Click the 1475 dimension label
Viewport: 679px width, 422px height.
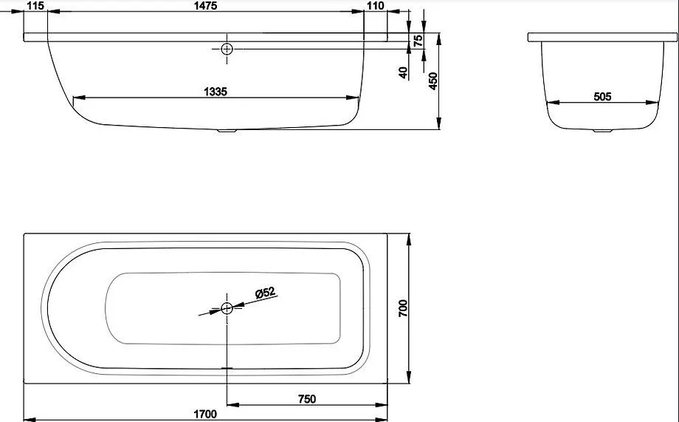tap(206, 6)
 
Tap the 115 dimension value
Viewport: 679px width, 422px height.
tap(35, 6)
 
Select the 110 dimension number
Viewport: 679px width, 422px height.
tap(375, 6)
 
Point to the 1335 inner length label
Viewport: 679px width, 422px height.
tap(216, 92)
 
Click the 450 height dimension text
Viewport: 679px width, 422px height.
tap(432, 81)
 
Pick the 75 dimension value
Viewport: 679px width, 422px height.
tap(418, 41)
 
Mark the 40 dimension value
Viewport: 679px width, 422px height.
tap(403, 72)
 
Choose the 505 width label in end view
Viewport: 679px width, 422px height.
tap(602, 96)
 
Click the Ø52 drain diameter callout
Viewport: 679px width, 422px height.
tap(266, 293)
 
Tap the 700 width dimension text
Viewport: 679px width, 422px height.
tap(403, 308)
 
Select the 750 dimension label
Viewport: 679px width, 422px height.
tap(306, 398)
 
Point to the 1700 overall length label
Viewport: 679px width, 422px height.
tap(205, 414)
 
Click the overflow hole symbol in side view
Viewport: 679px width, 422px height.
tap(227, 49)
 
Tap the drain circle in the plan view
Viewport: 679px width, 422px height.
tap(227, 308)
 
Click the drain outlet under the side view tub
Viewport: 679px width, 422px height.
tap(227, 129)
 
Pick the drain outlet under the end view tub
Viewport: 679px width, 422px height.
tap(602, 130)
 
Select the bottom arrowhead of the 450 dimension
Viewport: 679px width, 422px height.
tap(439, 123)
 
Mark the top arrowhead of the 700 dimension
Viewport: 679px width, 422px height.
tap(409, 240)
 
